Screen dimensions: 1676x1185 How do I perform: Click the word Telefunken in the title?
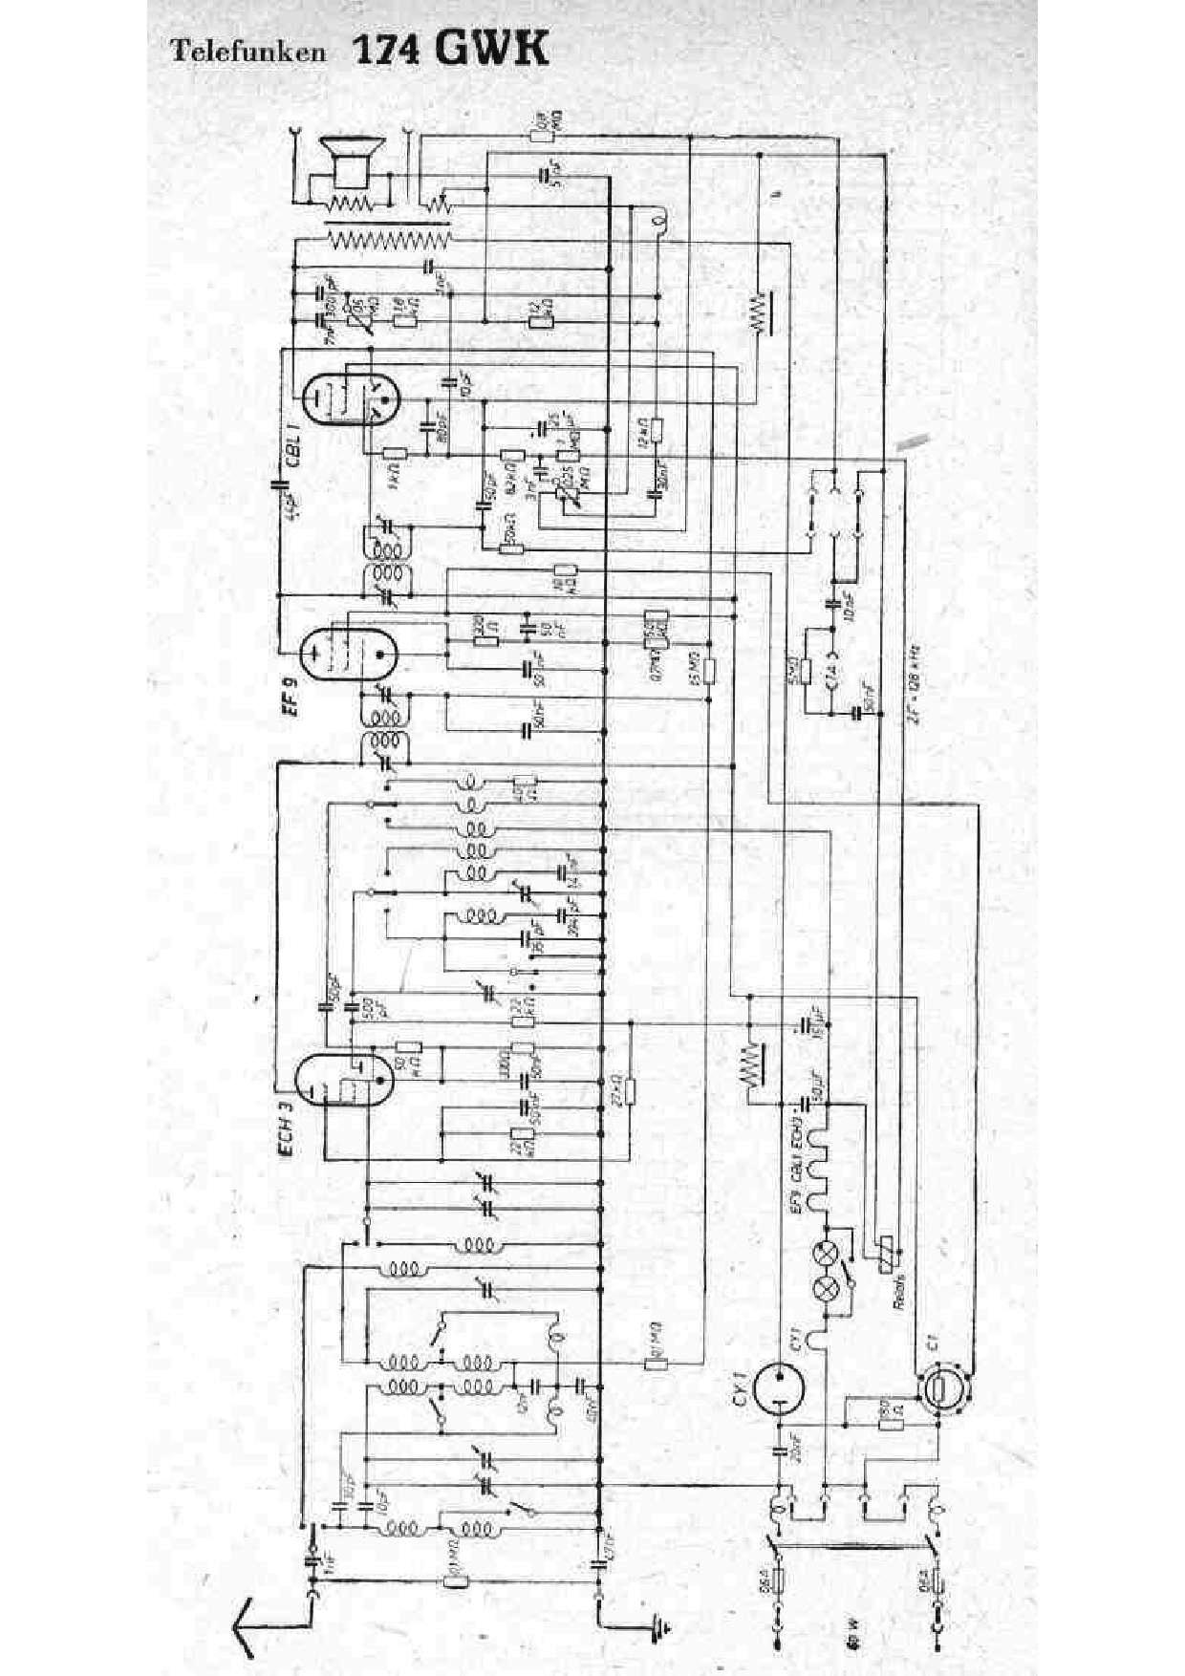(x=248, y=52)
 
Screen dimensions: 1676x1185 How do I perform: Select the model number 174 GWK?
(x=451, y=49)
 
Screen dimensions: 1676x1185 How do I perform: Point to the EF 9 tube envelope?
(x=348, y=652)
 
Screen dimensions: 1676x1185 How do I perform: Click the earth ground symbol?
(x=657, y=1622)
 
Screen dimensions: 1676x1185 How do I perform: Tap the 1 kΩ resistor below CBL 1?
(x=394, y=454)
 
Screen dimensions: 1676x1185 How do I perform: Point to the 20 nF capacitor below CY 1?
(x=779, y=1451)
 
